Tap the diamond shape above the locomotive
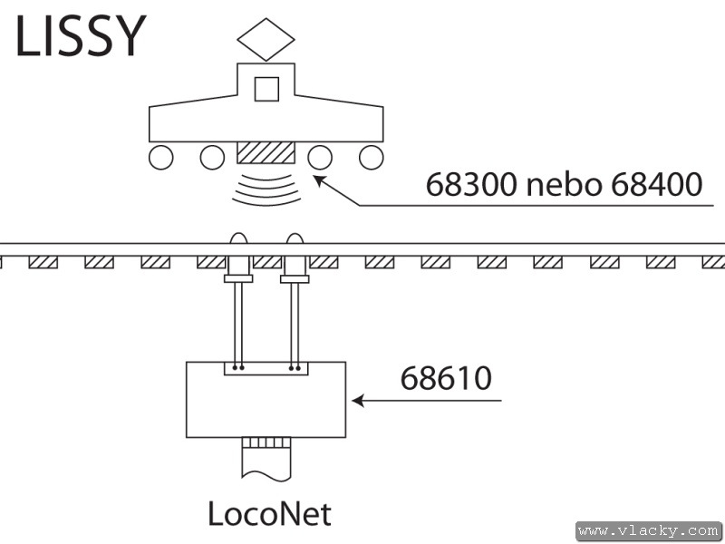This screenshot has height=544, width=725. (x=266, y=40)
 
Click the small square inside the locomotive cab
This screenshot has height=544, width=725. (x=266, y=89)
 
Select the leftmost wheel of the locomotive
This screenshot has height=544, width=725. (x=160, y=158)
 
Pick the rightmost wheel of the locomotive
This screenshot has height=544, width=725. (x=371, y=158)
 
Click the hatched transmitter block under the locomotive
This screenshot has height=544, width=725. (x=266, y=152)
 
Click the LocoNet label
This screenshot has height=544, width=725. (x=269, y=514)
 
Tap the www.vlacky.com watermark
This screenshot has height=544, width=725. (x=648, y=530)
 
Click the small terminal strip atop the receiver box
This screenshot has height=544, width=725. (x=266, y=368)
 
